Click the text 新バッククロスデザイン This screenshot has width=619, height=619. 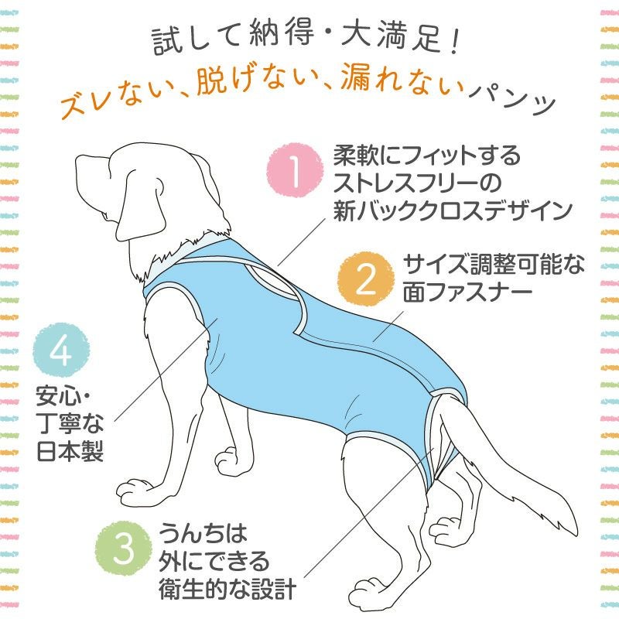tap(452, 211)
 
